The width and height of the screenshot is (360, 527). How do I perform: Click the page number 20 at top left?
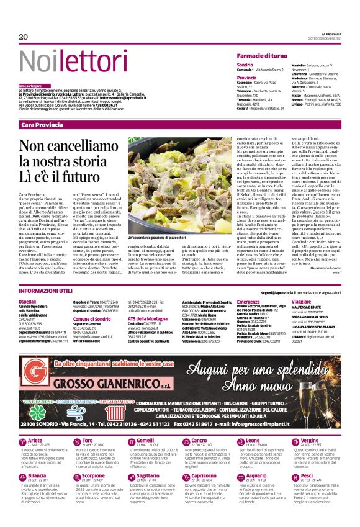click(x=24, y=37)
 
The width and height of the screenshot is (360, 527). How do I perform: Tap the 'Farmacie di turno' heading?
click(x=264, y=56)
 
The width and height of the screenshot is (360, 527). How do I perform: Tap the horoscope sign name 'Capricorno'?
click(x=203, y=475)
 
